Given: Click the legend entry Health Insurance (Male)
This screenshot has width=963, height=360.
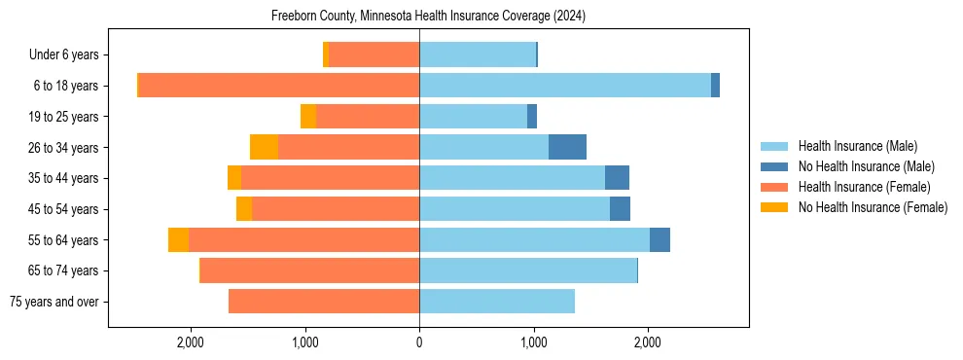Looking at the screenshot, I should pos(857,146).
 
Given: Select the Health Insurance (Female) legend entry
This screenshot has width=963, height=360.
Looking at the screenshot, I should pos(864,187).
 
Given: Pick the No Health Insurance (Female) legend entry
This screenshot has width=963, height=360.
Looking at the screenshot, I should pos(873,207).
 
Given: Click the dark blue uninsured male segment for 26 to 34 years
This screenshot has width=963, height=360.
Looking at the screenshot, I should pos(567,147).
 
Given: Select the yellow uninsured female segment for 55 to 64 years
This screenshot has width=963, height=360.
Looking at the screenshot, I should pos(178,239).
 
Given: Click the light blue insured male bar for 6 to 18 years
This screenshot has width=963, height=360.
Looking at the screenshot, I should pos(565,86).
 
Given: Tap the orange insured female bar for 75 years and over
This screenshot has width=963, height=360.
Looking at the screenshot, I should pos(324,302).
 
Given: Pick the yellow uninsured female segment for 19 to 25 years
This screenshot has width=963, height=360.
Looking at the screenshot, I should pos(308,117).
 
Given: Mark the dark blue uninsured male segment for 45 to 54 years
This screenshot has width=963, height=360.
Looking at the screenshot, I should pos(620,209).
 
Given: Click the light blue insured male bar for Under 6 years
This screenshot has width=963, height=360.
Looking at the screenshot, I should pos(478,54).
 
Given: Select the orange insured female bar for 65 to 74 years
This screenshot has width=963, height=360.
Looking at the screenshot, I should pos(309,270).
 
